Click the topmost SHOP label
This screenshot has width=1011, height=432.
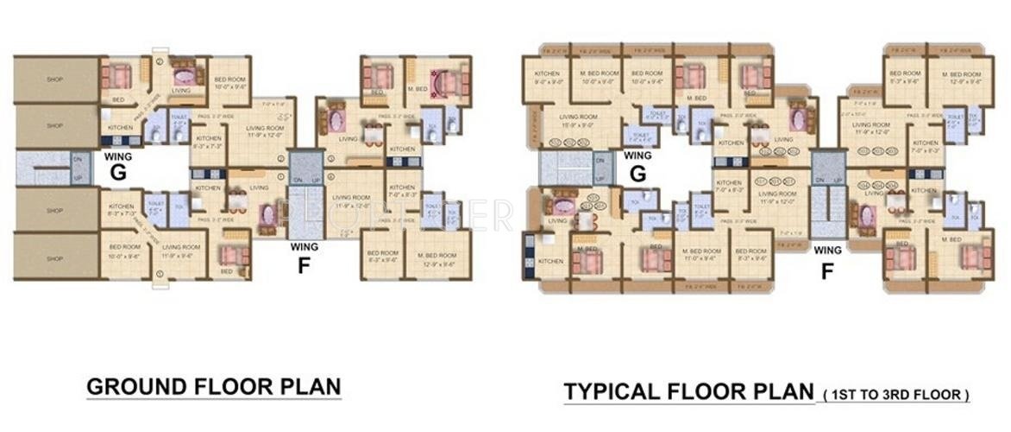(54, 79)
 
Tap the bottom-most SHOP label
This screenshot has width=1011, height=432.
(54, 258)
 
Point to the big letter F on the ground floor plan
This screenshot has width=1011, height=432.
(304, 265)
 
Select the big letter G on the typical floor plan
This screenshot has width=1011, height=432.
(637, 174)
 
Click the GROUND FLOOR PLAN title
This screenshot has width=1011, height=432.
(214, 386)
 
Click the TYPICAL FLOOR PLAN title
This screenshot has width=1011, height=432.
(688, 392)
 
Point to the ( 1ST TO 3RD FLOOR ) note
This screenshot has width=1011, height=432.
(896, 395)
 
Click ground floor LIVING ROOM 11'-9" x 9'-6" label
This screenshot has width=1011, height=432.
(182, 251)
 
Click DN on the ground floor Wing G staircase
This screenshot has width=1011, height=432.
(76, 159)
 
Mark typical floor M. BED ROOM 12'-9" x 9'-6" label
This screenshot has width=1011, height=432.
(954, 78)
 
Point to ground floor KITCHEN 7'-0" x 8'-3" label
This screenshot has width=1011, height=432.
(402, 192)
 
